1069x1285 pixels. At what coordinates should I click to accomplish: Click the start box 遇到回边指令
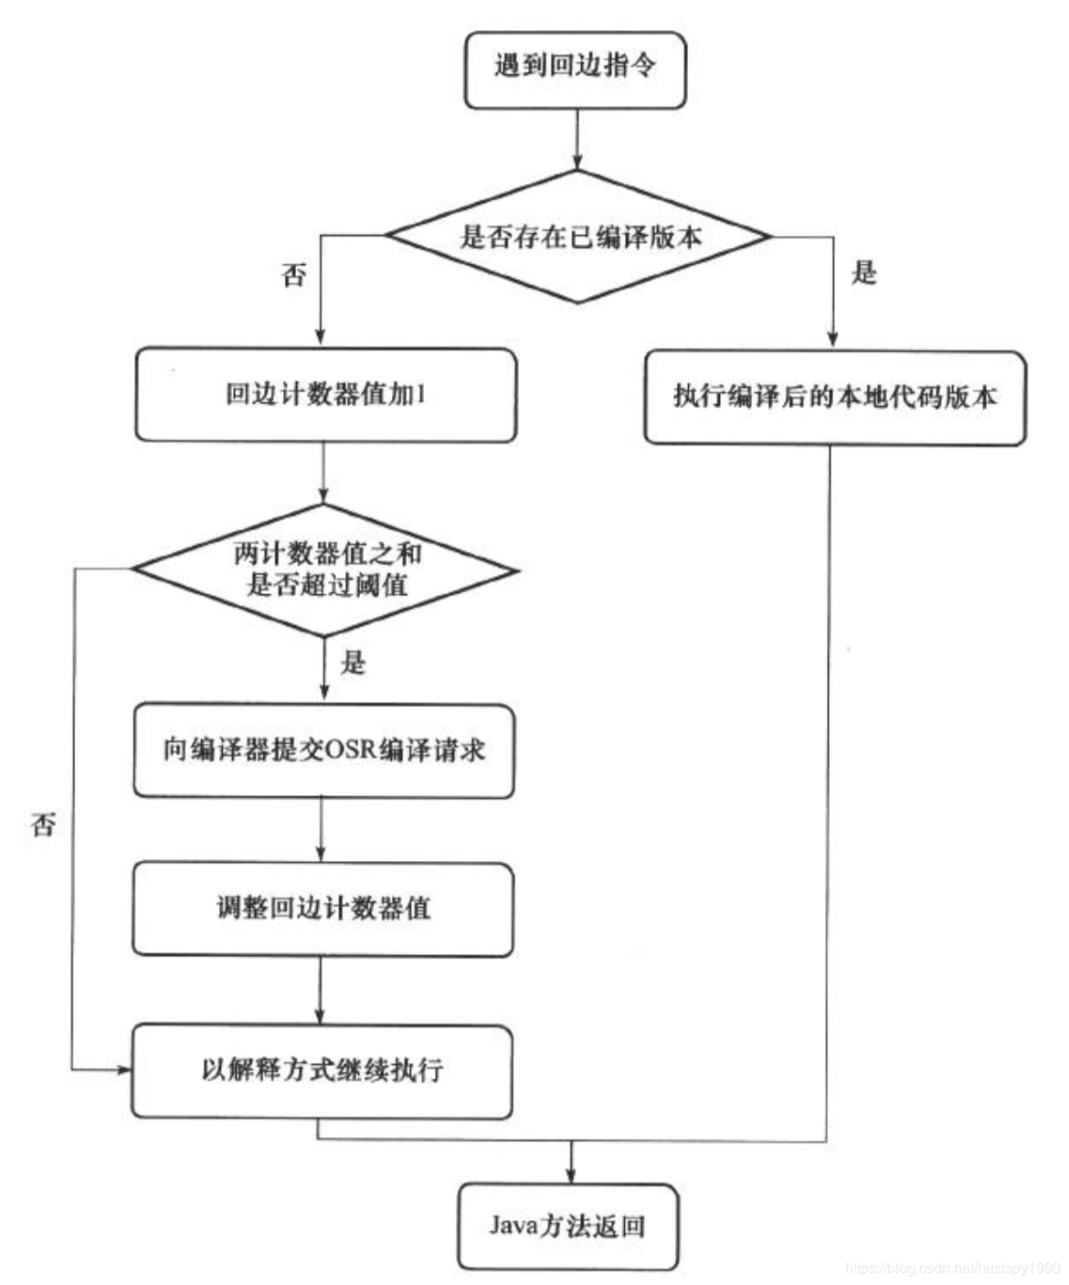(x=575, y=69)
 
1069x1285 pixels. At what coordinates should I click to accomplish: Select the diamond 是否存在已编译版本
(x=578, y=237)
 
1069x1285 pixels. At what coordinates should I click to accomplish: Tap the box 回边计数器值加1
(x=325, y=395)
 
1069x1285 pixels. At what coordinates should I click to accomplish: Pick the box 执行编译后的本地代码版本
(x=834, y=398)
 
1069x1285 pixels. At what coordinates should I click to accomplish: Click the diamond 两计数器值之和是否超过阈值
(x=325, y=569)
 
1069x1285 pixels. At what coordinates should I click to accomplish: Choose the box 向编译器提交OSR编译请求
(x=323, y=750)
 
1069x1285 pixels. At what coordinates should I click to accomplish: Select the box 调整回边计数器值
(x=323, y=909)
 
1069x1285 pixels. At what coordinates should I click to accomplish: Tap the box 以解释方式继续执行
(x=322, y=1070)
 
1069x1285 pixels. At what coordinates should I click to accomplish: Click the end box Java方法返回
(x=567, y=1227)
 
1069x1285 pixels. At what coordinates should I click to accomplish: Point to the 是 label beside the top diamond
(x=863, y=271)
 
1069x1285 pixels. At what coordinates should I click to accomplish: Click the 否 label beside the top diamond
(x=293, y=275)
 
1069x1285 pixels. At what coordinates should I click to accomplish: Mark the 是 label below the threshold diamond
(x=353, y=662)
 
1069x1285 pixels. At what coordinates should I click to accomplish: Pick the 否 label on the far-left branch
(x=43, y=825)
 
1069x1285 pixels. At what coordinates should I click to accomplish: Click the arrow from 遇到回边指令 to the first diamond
(x=577, y=139)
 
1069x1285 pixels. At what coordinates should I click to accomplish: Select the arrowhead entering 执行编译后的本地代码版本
(x=832, y=338)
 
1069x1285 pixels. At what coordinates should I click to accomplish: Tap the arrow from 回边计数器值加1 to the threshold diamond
(x=323, y=473)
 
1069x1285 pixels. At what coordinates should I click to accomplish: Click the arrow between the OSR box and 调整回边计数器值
(x=322, y=830)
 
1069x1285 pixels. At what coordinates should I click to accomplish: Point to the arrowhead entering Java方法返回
(x=571, y=1174)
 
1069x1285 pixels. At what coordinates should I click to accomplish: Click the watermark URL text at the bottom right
(x=952, y=1269)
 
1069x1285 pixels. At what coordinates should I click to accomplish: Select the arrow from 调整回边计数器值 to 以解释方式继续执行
(x=321, y=991)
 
